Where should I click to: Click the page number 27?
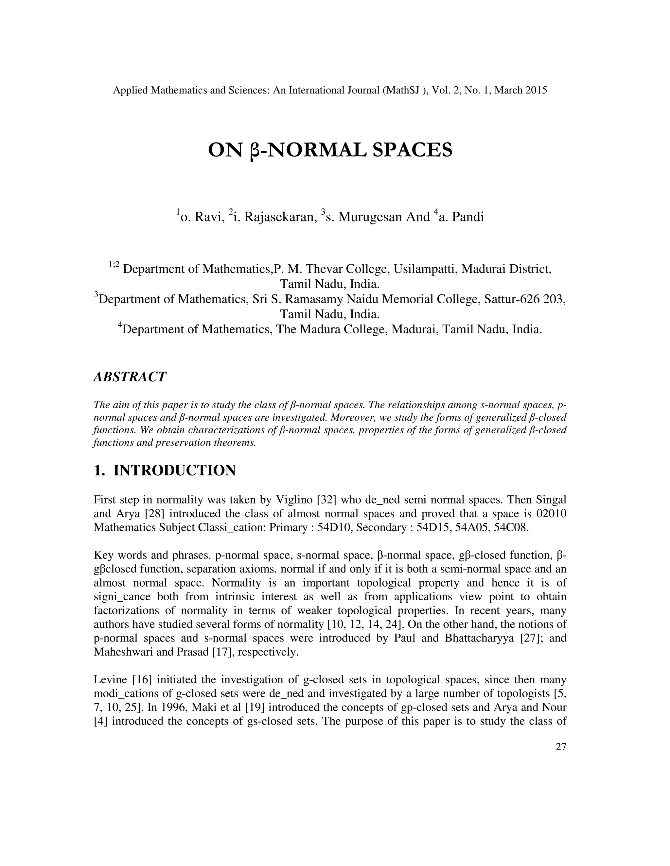[561, 747]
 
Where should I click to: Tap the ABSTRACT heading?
[130, 377]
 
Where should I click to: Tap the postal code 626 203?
[546, 299]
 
